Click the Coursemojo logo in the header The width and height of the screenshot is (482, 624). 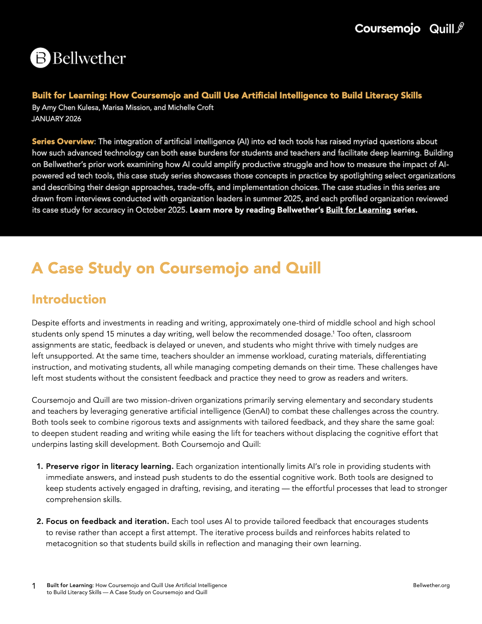(387, 29)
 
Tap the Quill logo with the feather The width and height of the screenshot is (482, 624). (447, 29)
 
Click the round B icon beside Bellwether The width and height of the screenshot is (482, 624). (41, 58)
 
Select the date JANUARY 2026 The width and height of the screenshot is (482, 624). (57, 119)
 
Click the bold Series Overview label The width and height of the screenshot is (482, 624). (63, 142)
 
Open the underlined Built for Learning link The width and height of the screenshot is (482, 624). (358, 210)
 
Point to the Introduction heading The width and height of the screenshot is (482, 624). (69, 299)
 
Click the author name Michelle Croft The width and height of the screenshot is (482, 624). (191, 108)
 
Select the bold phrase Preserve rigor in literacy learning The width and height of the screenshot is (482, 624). (109, 466)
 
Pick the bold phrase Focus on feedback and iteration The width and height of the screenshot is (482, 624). (107, 521)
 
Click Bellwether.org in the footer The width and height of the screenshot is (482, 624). (431, 585)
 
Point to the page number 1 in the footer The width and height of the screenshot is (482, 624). (34, 586)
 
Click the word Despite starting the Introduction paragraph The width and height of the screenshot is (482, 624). (45, 323)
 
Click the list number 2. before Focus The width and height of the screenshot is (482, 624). (40, 521)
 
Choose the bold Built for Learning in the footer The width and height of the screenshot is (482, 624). (70, 585)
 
